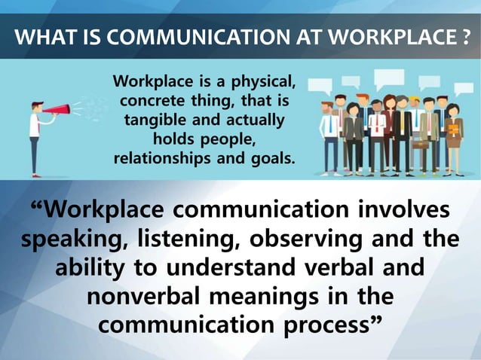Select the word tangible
[157, 121]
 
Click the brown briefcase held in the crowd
[420, 143]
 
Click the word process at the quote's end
[331, 325]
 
